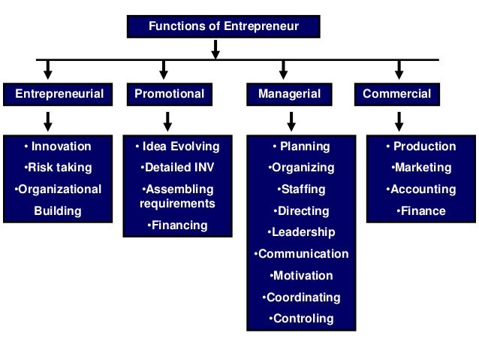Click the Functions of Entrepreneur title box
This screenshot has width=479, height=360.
point(223,27)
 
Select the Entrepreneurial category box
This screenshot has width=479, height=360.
point(59,94)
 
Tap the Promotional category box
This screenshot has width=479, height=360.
point(169,94)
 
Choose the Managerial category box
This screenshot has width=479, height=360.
point(289,94)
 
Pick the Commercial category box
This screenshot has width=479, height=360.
point(397,94)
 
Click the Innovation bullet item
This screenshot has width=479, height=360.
point(58,147)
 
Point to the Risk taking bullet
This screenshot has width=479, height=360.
point(58,168)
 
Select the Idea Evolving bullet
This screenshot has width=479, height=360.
point(177,147)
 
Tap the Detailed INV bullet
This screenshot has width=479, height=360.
point(177,168)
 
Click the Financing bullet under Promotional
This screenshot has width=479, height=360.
point(177,225)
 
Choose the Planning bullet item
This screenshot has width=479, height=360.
point(301,147)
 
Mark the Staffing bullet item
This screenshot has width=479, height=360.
point(301,189)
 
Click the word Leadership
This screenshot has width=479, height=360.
point(303,232)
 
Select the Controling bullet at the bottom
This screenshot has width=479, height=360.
point(301,319)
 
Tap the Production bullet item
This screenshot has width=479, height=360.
point(420,147)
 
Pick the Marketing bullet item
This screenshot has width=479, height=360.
point(420,168)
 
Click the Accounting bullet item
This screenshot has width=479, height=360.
point(420,189)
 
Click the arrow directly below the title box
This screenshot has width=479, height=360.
point(215,49)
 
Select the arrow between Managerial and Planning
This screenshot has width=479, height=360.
point(291,120)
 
